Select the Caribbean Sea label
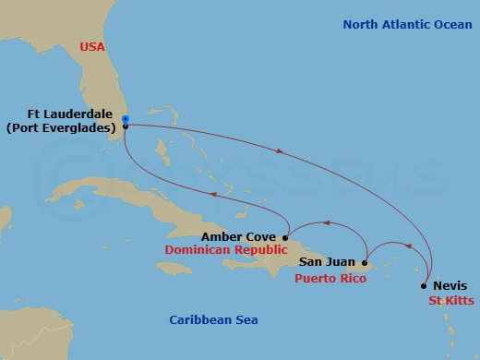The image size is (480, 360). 213,319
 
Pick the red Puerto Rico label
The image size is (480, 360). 326,277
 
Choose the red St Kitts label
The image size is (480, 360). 450,301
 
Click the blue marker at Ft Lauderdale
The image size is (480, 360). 125,118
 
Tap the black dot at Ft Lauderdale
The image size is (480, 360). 125,126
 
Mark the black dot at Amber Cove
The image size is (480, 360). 285,237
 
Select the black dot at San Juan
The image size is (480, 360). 365,263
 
